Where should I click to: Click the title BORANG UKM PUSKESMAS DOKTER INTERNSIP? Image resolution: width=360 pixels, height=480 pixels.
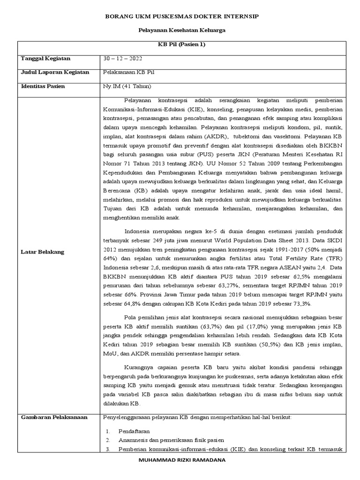pos(180,16)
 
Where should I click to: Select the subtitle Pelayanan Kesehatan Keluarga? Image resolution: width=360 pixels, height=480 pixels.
pos(180,30)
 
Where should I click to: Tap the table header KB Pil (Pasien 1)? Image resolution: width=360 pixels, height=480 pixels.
pos(180,45)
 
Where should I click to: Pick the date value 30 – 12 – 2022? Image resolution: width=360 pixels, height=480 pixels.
pos(123,59)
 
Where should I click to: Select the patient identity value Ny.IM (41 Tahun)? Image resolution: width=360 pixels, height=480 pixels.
pos(126,87)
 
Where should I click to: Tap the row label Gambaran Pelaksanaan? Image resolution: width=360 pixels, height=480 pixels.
pos(54,417)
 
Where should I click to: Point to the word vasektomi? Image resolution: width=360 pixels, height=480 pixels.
pos(294,136)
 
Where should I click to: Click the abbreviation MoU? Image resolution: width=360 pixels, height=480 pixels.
pos(111,353)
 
